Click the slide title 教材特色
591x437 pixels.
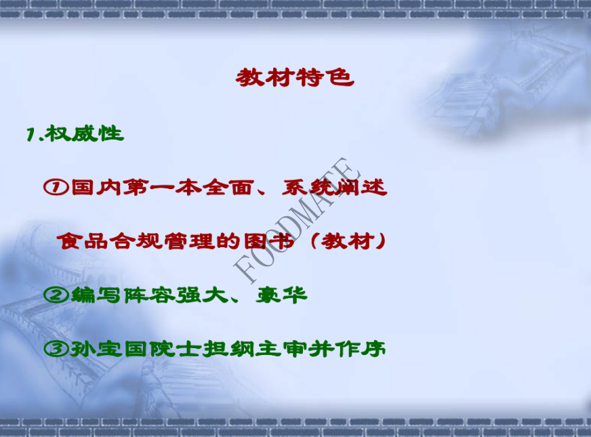point(295,78)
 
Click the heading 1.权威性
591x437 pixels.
point(75,133)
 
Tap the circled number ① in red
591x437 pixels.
point(56,187)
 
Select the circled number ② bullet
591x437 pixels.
point(56,295)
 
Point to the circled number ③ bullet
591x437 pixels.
point(56,349)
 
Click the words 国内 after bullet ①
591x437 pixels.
point(96,187)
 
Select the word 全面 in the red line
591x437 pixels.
point(227,187)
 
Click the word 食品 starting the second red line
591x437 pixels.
point(83,241)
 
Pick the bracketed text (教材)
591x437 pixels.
point(348,241)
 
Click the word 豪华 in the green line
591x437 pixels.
point(281,295)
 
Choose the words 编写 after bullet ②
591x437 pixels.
point(96,295)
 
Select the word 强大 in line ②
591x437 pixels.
point(203,295)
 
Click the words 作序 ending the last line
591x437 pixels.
point(361,349)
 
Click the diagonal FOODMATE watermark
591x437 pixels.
point(297,220)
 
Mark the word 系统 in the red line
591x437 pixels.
point(308,187)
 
